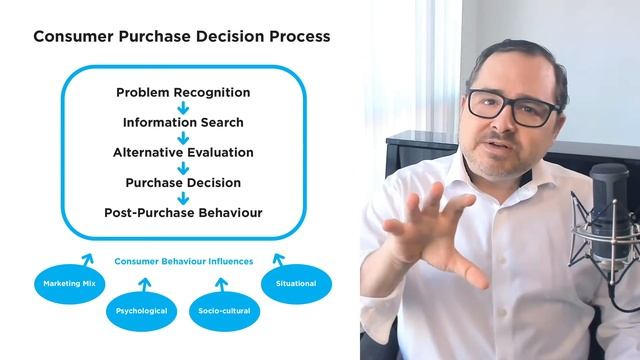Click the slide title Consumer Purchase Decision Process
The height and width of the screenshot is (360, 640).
181,37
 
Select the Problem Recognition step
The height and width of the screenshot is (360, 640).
183,93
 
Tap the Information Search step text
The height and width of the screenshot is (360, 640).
183,123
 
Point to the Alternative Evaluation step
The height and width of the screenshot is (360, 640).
183,153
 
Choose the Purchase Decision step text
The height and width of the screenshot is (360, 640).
183,183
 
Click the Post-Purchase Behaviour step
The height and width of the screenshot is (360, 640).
183,213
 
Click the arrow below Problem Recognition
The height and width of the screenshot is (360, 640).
183,108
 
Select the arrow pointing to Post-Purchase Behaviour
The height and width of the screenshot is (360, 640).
183,198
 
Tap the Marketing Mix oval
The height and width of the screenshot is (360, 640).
69,284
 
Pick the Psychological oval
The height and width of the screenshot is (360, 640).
142,311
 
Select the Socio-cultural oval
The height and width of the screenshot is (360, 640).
225,311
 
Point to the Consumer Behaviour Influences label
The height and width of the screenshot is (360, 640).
183,262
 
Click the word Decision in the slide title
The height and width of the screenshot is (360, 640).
211,37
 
